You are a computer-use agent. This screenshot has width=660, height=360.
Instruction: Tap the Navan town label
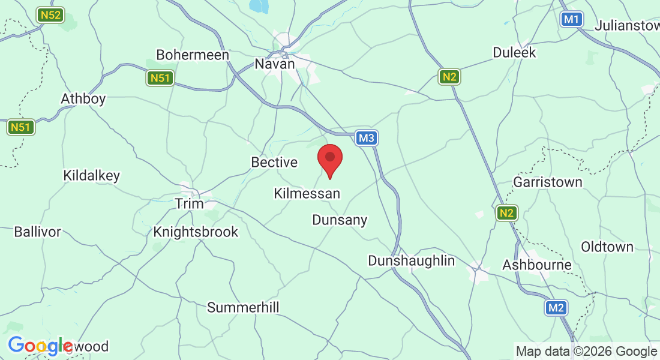pos(275,64)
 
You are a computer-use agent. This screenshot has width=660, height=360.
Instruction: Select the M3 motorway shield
pos(367,139)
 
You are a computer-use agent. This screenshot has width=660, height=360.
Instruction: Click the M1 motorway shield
pos(572,19)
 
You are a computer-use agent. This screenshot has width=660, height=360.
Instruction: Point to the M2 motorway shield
pos(556,308)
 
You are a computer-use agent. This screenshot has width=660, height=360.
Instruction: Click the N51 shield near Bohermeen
pos(160,78)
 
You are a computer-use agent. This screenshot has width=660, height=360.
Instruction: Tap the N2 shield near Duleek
pos(449,76)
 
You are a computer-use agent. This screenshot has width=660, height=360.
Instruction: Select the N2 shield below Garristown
pos(507,212)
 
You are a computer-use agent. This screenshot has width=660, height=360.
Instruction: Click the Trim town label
pos(190,203)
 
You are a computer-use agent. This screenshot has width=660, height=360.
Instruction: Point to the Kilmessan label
pos(307,194)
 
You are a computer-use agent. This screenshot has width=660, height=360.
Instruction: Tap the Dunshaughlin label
pos(412,261)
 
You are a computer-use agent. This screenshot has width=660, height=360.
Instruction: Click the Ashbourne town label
pos(537,265)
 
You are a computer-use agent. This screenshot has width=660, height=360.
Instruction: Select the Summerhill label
pos(244,308)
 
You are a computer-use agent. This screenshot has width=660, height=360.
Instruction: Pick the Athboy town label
pos(83,98)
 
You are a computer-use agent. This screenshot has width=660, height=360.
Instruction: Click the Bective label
pos(274,162)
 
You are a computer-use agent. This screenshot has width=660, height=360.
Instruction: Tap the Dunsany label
pos(340,220)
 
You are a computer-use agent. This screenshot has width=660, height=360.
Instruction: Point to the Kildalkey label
pos(92,176)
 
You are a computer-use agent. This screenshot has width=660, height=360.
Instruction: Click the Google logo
pos(40,346)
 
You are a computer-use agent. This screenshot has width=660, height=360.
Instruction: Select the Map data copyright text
pos(586,351)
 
